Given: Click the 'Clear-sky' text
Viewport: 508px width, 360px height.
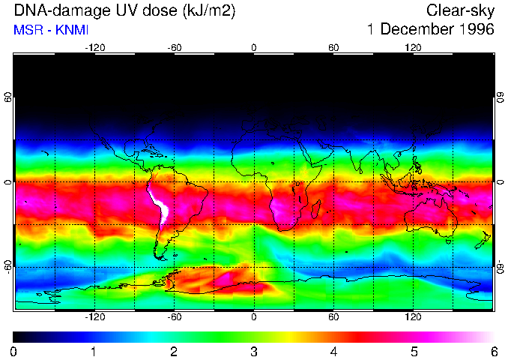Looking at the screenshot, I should [460, 11].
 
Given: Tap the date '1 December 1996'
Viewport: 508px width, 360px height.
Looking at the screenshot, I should [430, 30].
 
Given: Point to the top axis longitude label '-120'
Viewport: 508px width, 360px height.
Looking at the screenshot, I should [94, 47].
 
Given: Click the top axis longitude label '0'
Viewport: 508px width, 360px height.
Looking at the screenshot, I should [254, 47].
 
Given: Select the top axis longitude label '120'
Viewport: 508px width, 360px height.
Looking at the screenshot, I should [413, 47].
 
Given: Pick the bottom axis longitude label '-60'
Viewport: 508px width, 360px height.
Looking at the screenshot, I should [175, 317].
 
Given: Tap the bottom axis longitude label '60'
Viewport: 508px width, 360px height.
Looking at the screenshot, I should [333, 317].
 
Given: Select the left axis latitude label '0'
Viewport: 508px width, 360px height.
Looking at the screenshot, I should [8, 182].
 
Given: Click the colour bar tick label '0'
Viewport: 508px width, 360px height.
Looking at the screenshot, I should [14, 351].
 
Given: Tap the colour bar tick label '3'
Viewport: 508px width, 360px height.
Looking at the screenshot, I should [254, 351].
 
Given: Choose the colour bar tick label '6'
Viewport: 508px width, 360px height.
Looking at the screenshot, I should [494, 351].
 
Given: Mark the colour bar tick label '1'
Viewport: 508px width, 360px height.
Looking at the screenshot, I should [94, 351].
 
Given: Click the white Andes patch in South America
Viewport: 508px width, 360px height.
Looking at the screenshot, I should [160, 204].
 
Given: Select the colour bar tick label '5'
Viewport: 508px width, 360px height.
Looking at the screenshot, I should [414, 351].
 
